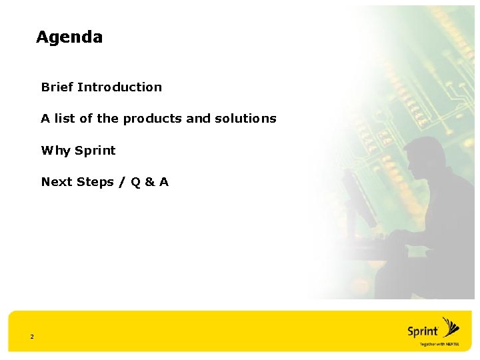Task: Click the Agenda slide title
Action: pyautogui.click(x=69, y=37)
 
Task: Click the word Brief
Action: pyautogui.click(x=57, y=87)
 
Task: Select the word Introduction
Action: pyautogui.click(x=119, y=87)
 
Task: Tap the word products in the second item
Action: pyautogui.click(x=152, y=119)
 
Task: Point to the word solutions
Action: pyautogui.click(x=245, y=119)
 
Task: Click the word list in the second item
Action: pyautogui.click(x=65, y=119)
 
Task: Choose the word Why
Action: pyautogui.click(x=55, y=151)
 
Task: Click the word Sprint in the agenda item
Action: pyautogui.click(x=95, y=151)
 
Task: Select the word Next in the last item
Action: pyautogui.click(x=57, y=182)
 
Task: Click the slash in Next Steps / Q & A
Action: pyautogui.click(x=122, y=182)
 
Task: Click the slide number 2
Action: pyautogui.click(x=31, y=337)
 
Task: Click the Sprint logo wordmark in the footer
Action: pyautogui.click(x=423, y=331)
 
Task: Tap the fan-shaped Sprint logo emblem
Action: pyautogui.click(x=451, y=327)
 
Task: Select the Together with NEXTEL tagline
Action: pyautogui.click(x=439, y=345)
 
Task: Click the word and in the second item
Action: pyautogui.click(x=198, y=119)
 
